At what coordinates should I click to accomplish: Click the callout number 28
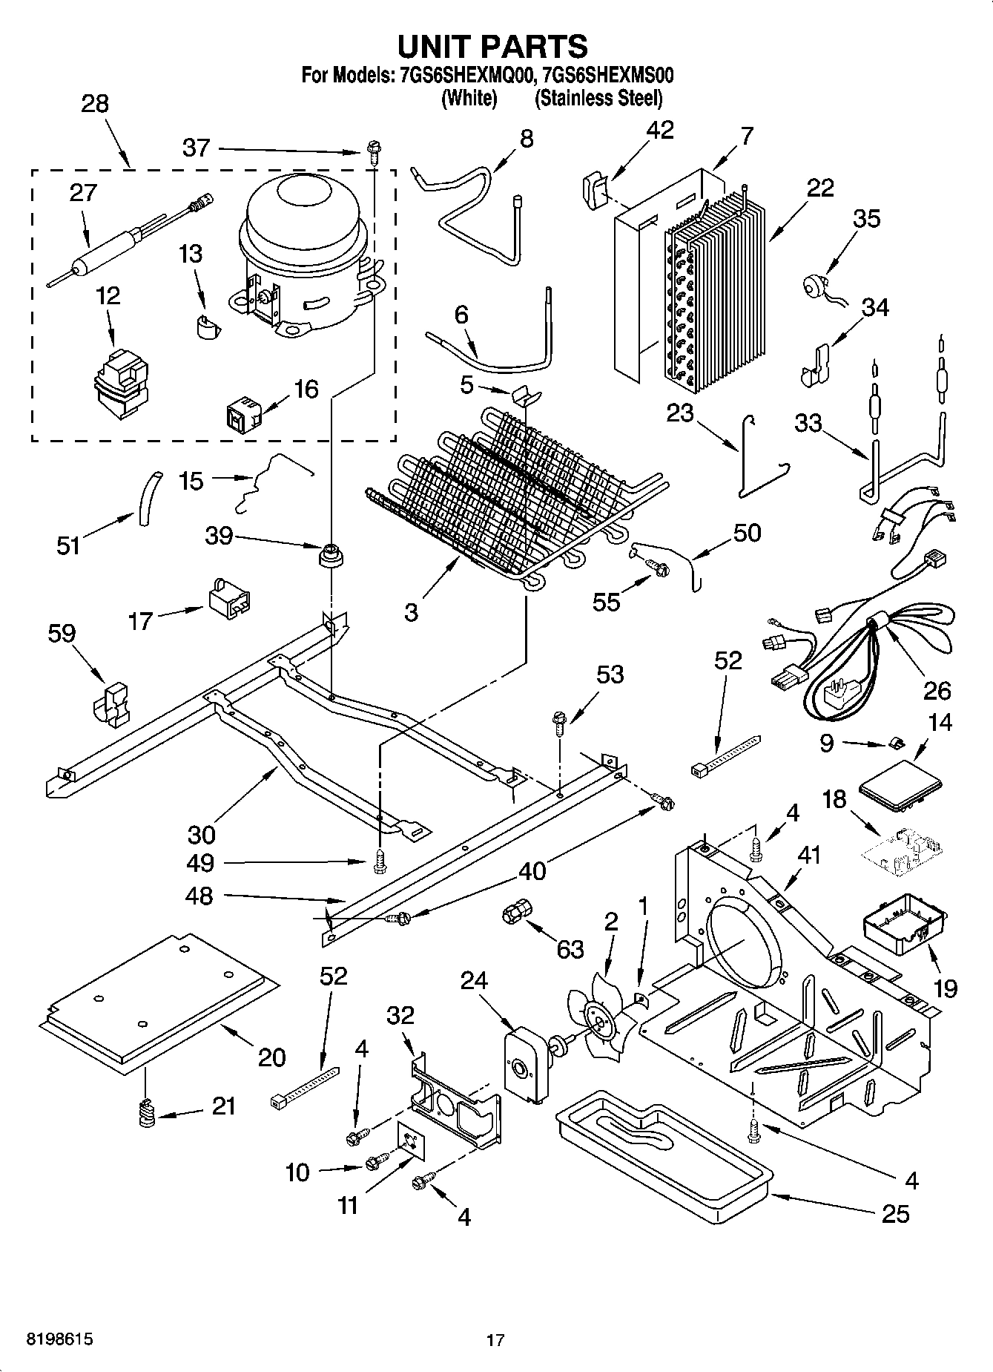94,103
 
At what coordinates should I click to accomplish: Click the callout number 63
570,949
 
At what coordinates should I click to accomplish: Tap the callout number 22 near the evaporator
820,188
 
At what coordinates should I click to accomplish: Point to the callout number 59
62,633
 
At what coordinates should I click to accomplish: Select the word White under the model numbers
469,98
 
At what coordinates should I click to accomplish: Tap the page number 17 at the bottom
495,1340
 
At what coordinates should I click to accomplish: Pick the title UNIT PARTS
492,46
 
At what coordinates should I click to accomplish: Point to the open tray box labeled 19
905,924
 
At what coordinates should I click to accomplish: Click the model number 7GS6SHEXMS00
607,75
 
